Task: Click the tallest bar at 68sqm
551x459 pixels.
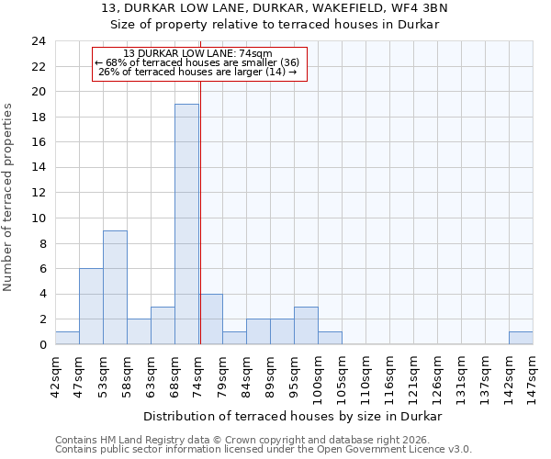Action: (x=186, y=224)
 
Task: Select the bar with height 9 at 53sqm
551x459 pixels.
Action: (x=115, y=287)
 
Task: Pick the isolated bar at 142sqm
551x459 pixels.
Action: (x=521, y=338)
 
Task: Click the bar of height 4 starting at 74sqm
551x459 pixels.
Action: (x=210, y=319)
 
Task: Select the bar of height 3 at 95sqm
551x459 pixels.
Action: (x=306, y=326)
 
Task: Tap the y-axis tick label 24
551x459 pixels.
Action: (x=38, y=41)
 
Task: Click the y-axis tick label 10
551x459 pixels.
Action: (x=38, y=218)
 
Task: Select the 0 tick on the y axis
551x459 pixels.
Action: (x=42, y=345)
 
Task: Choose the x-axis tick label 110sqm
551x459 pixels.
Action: (x=365, y=376)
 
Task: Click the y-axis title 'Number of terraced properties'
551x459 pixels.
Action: (x=9, y=197)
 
